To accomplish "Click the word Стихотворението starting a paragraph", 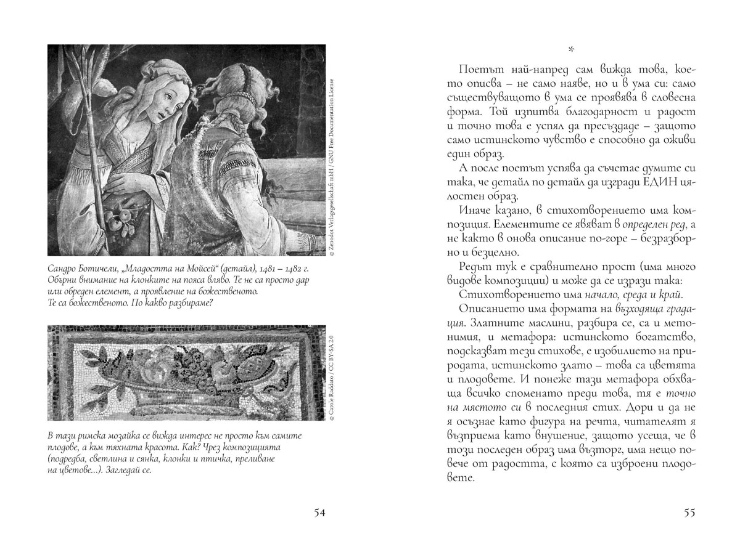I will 505,296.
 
